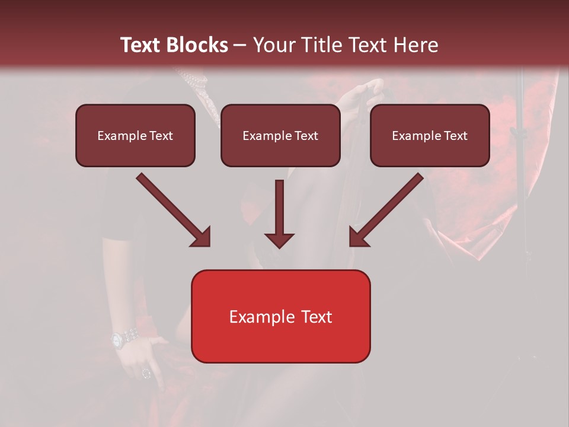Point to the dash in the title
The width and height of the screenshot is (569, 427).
point(241,46)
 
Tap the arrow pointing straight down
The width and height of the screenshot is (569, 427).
point(279,213)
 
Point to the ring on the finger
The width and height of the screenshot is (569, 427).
point(146,373)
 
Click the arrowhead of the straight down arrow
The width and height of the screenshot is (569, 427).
point(279,240)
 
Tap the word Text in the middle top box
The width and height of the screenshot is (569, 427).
point(306,136)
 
